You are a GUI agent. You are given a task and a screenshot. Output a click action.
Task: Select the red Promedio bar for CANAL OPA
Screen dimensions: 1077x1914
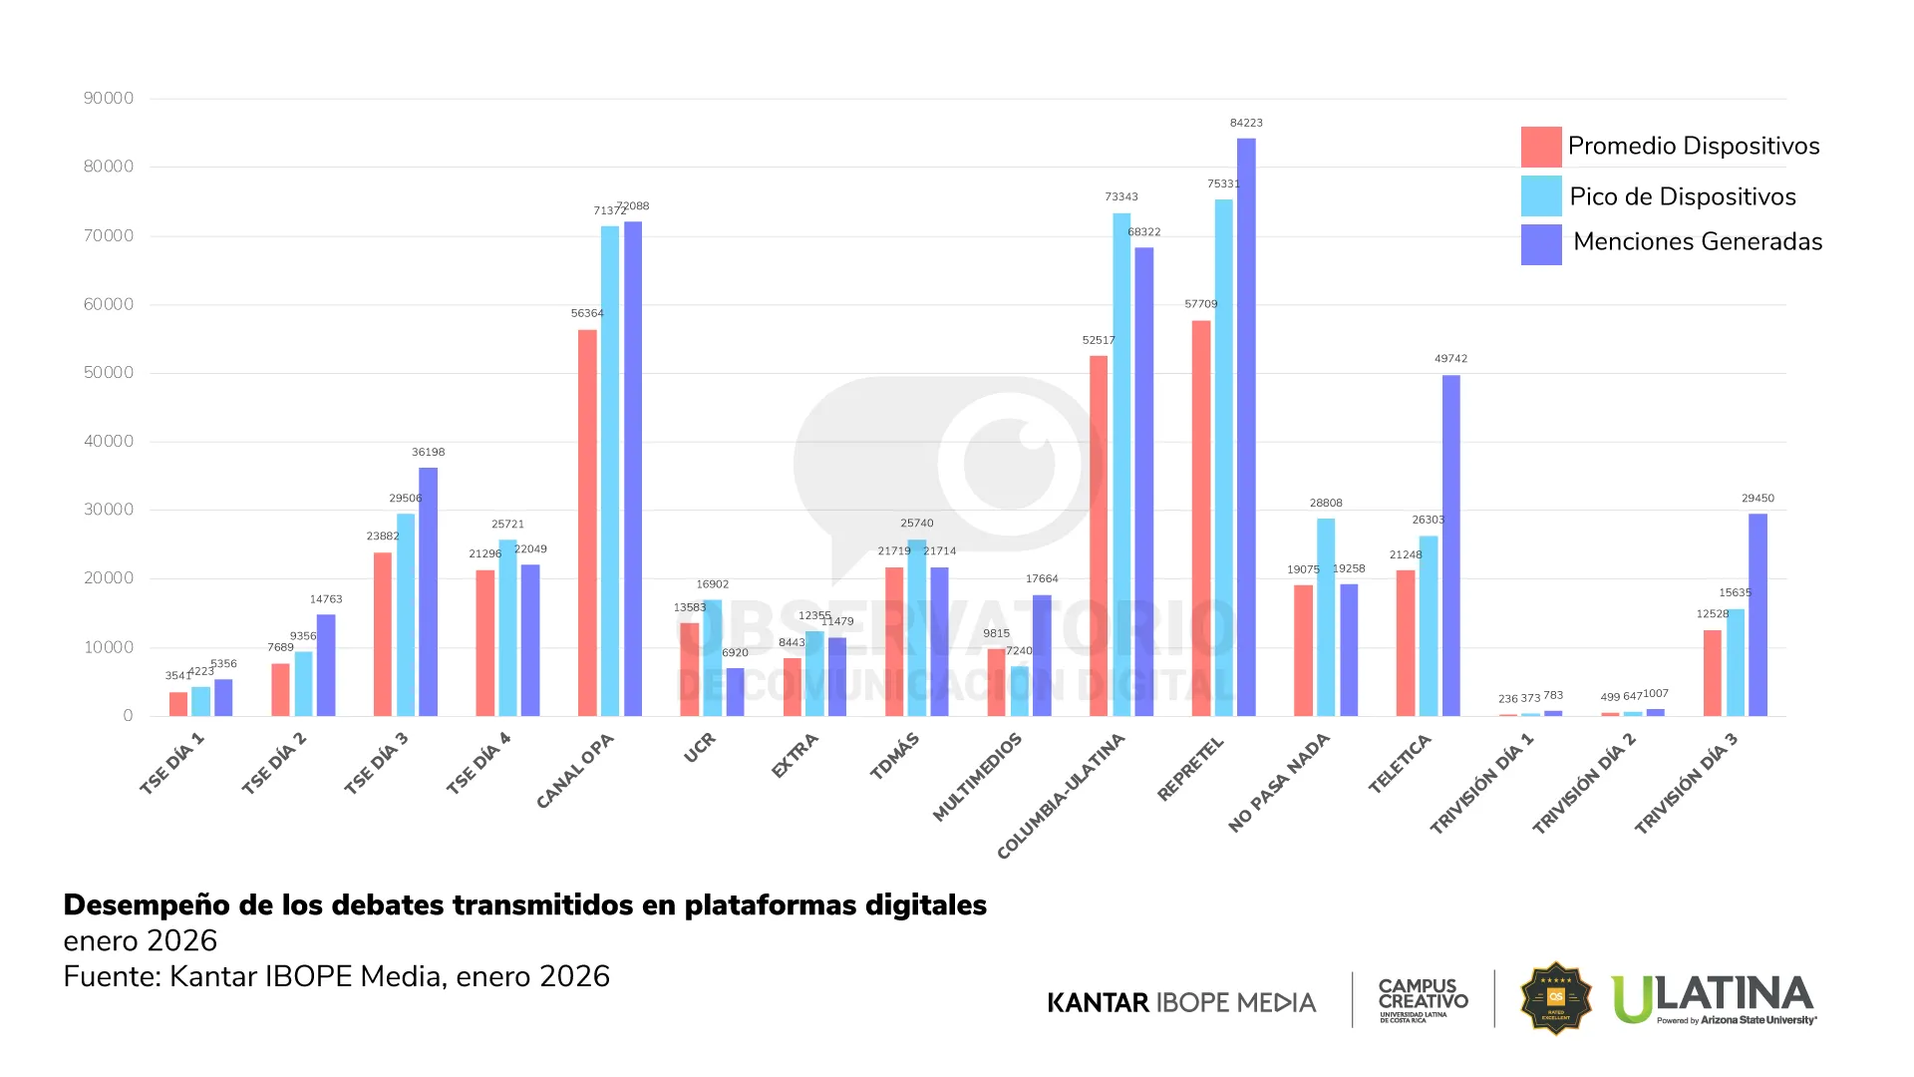(587, 523)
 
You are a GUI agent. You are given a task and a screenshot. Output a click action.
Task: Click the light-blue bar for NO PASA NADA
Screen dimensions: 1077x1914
(1326, 617)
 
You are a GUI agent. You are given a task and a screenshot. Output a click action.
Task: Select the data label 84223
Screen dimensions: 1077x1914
(1246, 123)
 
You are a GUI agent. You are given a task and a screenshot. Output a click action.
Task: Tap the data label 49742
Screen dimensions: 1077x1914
(1450, 359)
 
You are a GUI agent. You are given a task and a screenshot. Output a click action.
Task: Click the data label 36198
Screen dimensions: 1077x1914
(428, 453)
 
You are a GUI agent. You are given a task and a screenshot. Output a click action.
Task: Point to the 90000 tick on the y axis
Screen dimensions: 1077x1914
(109, 98)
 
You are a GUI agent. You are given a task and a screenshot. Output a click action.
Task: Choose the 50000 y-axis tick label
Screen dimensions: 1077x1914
(109, 373)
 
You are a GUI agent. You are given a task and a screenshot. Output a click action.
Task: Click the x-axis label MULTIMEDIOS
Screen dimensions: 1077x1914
(978, 777)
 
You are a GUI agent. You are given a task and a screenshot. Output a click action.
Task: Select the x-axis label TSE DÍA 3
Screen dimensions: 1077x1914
(376, 763)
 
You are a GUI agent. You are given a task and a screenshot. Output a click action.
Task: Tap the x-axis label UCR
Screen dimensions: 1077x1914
(699, 748)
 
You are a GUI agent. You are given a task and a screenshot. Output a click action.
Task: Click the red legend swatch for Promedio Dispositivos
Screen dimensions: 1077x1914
(1540, 147)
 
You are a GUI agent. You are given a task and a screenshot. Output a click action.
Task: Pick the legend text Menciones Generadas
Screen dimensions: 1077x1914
(1697, 242)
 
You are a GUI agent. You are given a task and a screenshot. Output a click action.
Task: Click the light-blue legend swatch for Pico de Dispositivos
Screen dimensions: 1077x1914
(1540, 195)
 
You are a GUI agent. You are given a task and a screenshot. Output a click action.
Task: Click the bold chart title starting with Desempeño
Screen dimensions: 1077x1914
(524, 904)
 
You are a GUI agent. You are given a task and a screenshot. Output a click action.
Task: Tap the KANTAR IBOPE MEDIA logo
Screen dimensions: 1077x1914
(1181, 1002)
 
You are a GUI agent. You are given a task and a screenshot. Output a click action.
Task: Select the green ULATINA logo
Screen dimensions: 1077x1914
(1713, 998)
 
